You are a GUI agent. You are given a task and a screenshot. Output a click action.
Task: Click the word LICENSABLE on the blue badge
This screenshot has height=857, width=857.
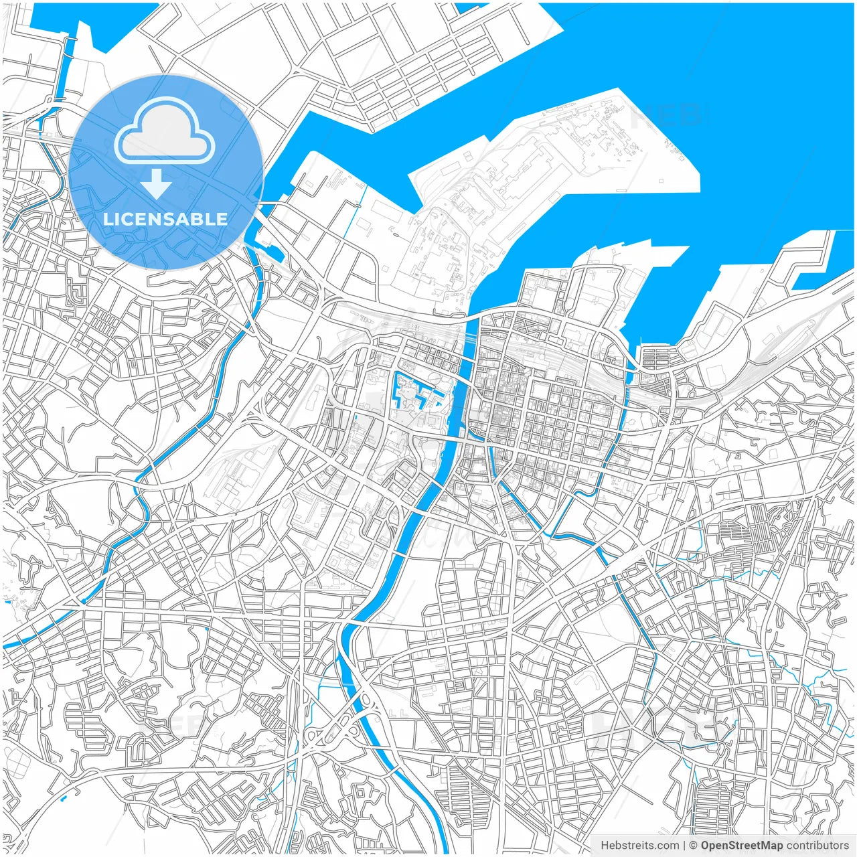165,219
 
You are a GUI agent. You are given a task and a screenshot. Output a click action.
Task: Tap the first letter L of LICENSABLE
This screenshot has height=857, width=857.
107,220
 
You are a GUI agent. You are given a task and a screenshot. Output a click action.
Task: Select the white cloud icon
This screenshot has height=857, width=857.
165,131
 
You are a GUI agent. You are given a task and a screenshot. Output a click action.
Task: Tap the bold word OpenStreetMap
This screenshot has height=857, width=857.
742,846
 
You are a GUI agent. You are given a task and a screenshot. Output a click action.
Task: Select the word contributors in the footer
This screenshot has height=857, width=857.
817,846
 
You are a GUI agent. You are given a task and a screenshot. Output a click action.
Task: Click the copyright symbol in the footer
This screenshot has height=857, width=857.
694,846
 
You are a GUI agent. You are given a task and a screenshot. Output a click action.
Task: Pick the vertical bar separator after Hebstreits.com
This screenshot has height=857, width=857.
684,846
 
